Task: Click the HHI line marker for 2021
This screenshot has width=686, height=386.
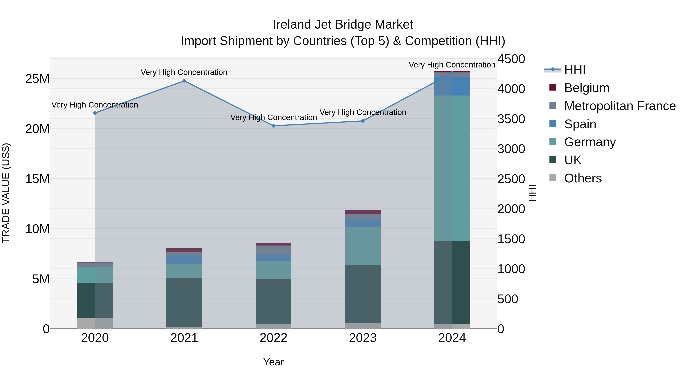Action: [x=184, y=81]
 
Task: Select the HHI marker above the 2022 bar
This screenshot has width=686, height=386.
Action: [x=273, y=126]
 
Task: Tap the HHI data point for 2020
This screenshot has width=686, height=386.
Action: [x=95, y=113]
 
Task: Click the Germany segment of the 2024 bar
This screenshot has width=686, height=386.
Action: [x=452, y=168]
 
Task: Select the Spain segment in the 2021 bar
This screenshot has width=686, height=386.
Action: [x=184, y=259]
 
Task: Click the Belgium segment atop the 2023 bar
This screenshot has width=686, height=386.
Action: [x=363, y=212]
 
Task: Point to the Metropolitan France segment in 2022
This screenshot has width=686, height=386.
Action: [x=273, y=250]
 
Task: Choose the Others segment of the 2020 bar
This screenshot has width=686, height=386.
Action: [x=95, y=323]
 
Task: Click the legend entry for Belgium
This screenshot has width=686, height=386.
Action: [x=586, y=88]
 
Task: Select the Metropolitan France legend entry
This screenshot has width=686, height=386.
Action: [x=620, y=106]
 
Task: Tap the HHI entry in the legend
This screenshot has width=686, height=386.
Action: [x=575, y=70]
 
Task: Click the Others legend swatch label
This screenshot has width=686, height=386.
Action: [x=583, y=178]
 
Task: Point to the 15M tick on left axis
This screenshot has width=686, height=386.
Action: [x=37, y=179]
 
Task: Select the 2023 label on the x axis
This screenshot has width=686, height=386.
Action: [x=363, y=338]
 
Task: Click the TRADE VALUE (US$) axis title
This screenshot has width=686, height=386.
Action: [x=6, y=193]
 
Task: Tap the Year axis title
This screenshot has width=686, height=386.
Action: [x=273, y=362]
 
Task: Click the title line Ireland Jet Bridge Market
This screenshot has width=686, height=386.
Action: [x=343, y=25]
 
